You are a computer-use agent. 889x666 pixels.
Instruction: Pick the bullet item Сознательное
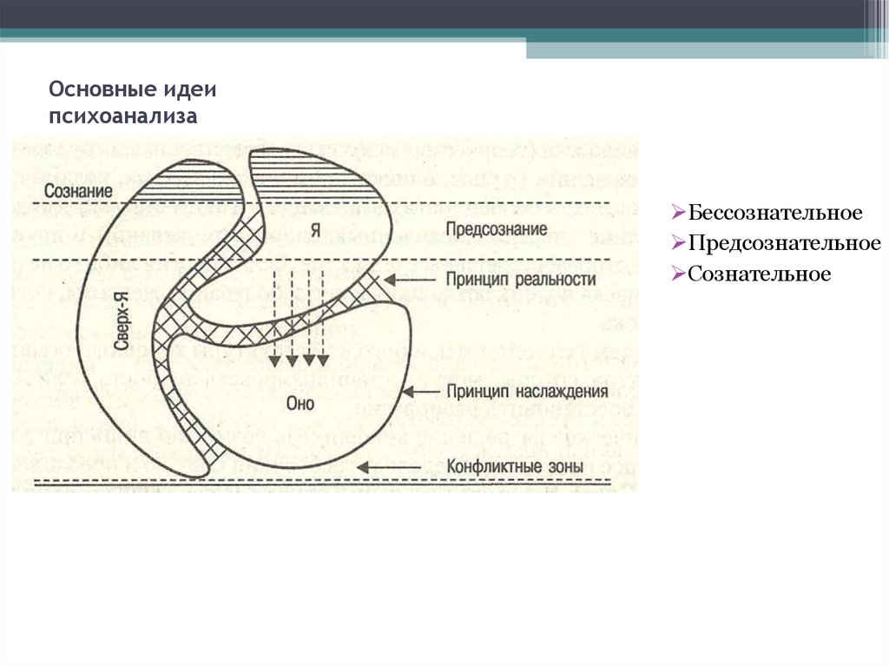[760, 274]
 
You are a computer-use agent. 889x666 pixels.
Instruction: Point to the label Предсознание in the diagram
[497, 229]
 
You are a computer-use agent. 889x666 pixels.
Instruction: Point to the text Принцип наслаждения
[525, 392]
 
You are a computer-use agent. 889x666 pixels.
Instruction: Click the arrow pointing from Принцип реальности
[404, 280]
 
